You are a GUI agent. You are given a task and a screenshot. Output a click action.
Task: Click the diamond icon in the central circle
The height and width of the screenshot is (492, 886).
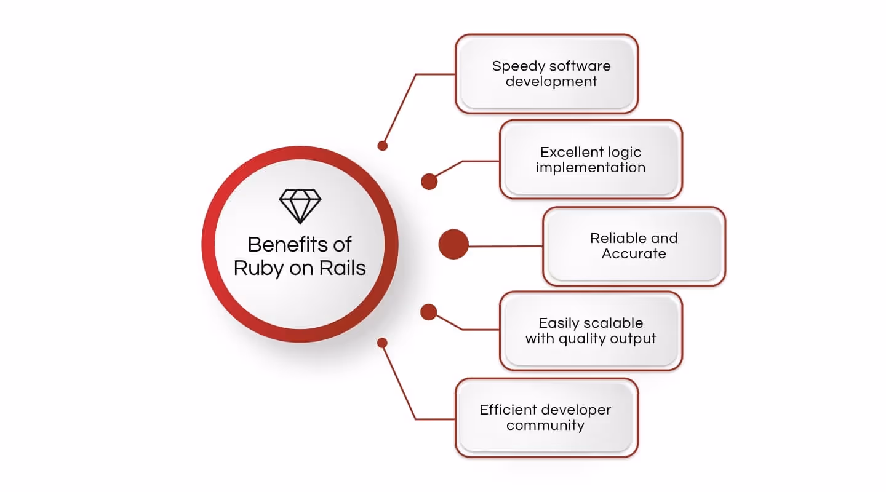point(300,206)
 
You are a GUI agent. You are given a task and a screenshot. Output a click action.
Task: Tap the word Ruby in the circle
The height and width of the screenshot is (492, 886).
point(259,268)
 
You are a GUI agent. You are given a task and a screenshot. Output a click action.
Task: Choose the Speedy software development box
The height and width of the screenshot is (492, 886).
point(546,74)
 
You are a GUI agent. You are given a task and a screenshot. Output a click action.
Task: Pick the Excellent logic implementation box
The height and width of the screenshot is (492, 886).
point(591,159)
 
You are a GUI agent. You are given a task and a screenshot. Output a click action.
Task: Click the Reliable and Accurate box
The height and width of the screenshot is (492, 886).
point(634,246)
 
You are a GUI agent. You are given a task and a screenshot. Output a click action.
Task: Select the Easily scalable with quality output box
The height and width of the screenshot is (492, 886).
point(591,331)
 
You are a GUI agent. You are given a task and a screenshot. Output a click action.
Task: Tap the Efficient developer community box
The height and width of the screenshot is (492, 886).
point(546,418)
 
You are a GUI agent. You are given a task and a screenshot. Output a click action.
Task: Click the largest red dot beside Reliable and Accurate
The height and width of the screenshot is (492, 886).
point(453,244)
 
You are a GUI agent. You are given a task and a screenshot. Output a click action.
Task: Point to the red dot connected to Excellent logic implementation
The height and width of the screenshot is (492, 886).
point(429,181)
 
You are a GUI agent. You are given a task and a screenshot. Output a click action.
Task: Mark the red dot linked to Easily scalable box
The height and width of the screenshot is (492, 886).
point(428,312)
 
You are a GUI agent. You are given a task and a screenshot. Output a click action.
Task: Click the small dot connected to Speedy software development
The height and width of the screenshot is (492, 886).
point(383,146)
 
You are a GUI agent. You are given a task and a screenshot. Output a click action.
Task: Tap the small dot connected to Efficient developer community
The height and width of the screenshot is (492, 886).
point(383,343)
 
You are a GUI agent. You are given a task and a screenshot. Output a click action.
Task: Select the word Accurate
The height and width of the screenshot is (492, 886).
point(634,254)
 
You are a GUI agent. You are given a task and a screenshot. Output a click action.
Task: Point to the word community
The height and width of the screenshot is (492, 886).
point(545,425)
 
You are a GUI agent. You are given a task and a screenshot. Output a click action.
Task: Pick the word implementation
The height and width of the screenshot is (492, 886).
point(591,167)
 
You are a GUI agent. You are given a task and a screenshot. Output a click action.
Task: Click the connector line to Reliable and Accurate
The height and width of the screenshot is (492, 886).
point(505,246)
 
